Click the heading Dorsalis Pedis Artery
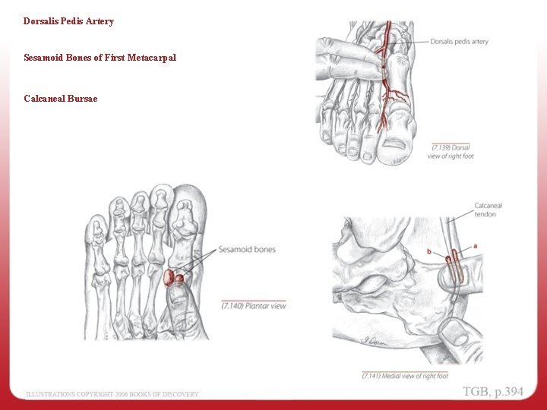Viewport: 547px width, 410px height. click(x=68, y=21)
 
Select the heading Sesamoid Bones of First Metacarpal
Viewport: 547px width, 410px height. click(x=100, y=58)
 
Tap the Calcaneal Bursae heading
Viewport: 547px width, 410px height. click(x=60, y=99)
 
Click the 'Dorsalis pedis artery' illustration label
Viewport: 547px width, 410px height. click(x=459, y=42)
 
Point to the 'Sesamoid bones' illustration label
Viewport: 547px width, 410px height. click(x=246, y=249)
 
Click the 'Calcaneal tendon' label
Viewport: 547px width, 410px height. click(x=488, y=210)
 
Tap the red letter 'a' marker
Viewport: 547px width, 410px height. click(x=476, y=246)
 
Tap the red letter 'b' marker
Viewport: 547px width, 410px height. click(x=429, y=251)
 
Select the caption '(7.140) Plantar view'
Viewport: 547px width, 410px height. click(x=254, y=305)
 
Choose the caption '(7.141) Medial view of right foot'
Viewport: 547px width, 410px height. click(x=405, y=376)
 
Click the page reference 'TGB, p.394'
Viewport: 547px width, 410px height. click(x=493, y=392)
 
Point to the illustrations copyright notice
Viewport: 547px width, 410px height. click(x=112, y=394)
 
